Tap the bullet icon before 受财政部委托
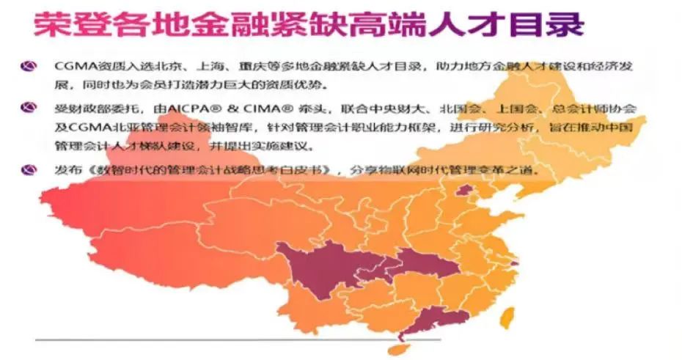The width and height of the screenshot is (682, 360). [x=28, y=108]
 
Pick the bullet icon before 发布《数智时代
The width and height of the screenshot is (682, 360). [x=28, y=170]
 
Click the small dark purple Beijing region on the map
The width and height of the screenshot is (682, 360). [x=462, y=191]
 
